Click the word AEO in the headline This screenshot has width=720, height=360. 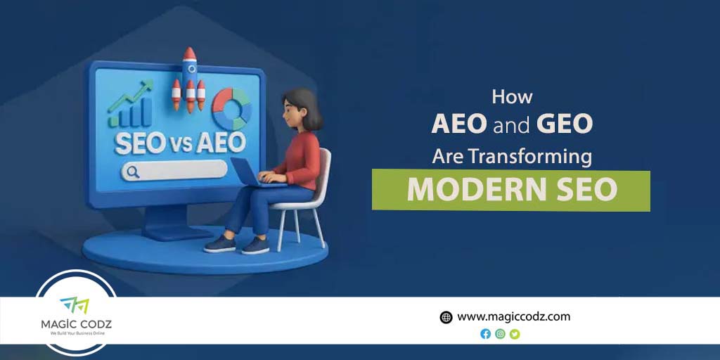click(458, 124)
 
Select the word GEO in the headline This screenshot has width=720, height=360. click(565, 124)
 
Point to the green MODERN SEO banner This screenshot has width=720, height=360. click(511, 190)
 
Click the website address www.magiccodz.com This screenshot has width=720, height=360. click(513, 316)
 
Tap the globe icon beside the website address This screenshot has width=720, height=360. click(446, 317)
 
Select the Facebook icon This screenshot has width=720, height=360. click(485, 334)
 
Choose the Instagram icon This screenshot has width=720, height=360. click(500, 334)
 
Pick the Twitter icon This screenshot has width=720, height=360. click(515, 334)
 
